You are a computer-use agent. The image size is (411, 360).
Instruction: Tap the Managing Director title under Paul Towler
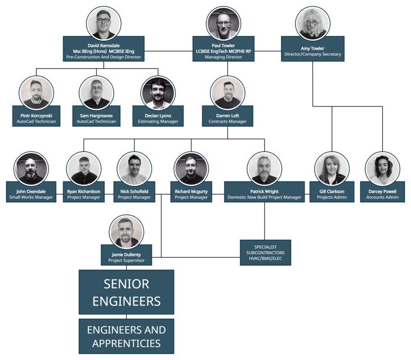pyautogui.click(x=224, y=57)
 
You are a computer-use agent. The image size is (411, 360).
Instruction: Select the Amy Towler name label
pyautogui.click(x=312, y=49)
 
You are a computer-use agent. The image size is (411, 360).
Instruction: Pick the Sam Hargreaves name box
pyautogui.click(x=96, y=118)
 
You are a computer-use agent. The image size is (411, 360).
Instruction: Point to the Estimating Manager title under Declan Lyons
pyautogui.click(x=158, y=121)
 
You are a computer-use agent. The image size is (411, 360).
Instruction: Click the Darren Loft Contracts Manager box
pyautogui.click(x=228, y=118)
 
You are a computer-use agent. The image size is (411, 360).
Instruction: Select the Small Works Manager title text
pyautogui.click(x=31, y=197)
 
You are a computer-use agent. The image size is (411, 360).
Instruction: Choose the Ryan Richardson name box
pyautogui.click(x=83, y=194)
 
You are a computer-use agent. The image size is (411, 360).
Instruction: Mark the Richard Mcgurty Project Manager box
pyautogui.click(x=191, y=194)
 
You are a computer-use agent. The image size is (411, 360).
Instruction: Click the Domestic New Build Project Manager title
pyautogui.click(x=264, y=197)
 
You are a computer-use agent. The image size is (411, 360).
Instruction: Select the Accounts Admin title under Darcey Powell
pyautogui.click(x=382, y=197)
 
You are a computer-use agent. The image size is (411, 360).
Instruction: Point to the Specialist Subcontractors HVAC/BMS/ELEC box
pyautogui.click(x=265, y=253)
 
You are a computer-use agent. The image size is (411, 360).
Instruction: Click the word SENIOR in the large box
pyautogui.click(x=126, y=284)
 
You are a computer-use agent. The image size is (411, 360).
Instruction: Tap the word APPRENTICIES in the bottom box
pyautogui.click(x=126, y=344)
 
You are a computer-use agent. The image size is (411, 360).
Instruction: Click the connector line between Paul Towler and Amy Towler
pyautogui.click(x=268, y=51)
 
